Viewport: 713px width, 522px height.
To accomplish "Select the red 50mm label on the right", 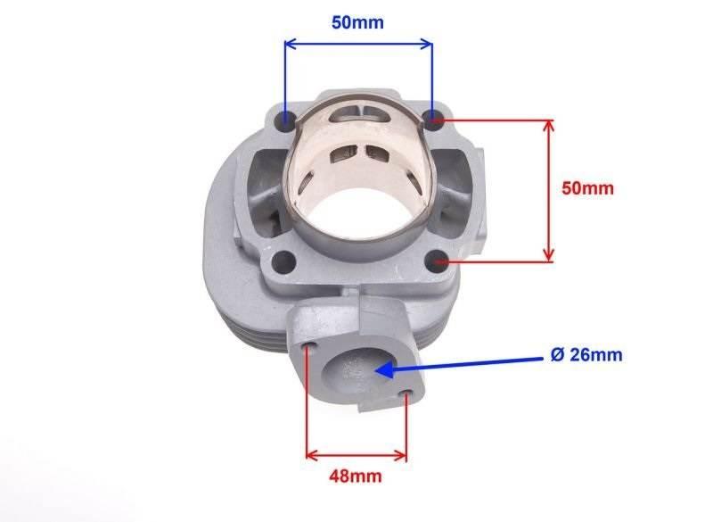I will [588, 189].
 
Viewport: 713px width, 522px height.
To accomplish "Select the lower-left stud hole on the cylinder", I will [283, 261].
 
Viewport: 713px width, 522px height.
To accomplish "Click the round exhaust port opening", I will [356, 366].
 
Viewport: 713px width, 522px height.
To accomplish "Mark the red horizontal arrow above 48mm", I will [356, 455].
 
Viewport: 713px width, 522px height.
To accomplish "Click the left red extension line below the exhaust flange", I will [307, 402].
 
